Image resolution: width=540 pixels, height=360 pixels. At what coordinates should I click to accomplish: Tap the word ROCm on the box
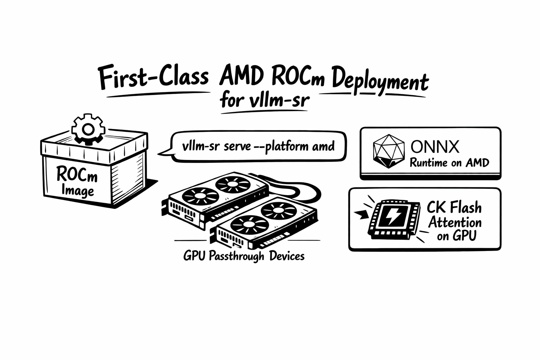pos(77,175)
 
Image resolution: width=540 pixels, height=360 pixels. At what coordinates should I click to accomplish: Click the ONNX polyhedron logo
pos(388,151)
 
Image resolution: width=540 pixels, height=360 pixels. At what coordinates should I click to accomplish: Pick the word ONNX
pos(435,147)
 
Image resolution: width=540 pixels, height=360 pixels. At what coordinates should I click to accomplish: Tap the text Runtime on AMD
pos(449,163)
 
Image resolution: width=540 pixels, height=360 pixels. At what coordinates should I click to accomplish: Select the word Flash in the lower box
pos(465,207)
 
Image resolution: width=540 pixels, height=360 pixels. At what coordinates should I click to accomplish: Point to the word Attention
pos(455,222)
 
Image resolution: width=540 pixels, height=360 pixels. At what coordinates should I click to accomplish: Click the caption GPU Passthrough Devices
pos(244,256)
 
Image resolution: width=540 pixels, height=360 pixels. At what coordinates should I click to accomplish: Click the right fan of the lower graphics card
pos(274,210)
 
